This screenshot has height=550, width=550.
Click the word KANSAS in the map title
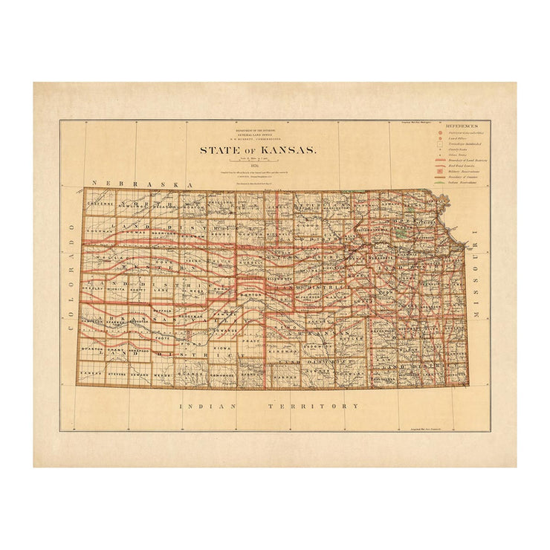point(282,150)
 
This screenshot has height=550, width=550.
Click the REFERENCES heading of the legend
point(464,126)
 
